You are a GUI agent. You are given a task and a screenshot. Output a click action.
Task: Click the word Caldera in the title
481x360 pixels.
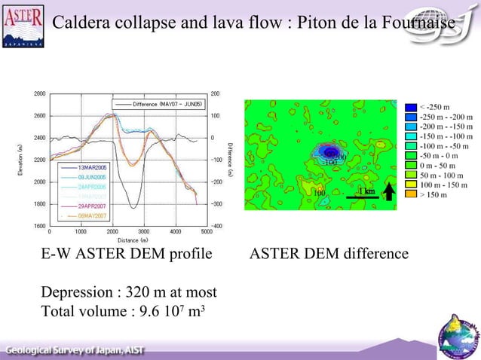pyautogui.click(x=79, y=25)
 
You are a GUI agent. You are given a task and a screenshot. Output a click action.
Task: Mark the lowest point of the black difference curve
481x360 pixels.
pyautogui.click(x=133, y=207)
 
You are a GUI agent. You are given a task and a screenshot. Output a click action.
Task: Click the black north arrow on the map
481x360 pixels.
pyautogui.click(x=388, y=193)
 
